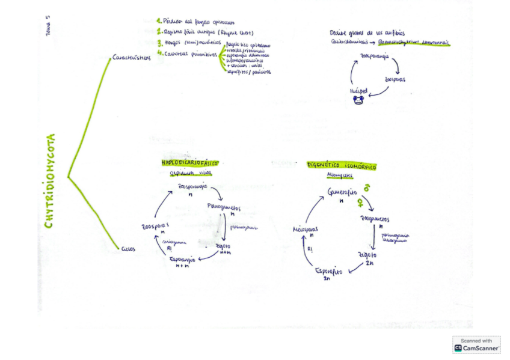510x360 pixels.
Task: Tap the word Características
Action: (131, 58)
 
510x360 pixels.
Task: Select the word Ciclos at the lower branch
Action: (128, 248)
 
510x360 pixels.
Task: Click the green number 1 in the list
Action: (159, 22)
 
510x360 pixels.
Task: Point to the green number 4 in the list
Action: (159, 53)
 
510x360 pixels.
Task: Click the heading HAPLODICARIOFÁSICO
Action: (189, 163)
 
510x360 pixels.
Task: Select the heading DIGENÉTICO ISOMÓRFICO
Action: (342, 165)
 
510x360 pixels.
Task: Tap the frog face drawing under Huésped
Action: (360, 100)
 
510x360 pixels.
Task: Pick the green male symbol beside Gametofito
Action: (366, 188)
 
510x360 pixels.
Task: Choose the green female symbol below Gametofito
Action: (360, 201)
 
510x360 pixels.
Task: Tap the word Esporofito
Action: (328, 272)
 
